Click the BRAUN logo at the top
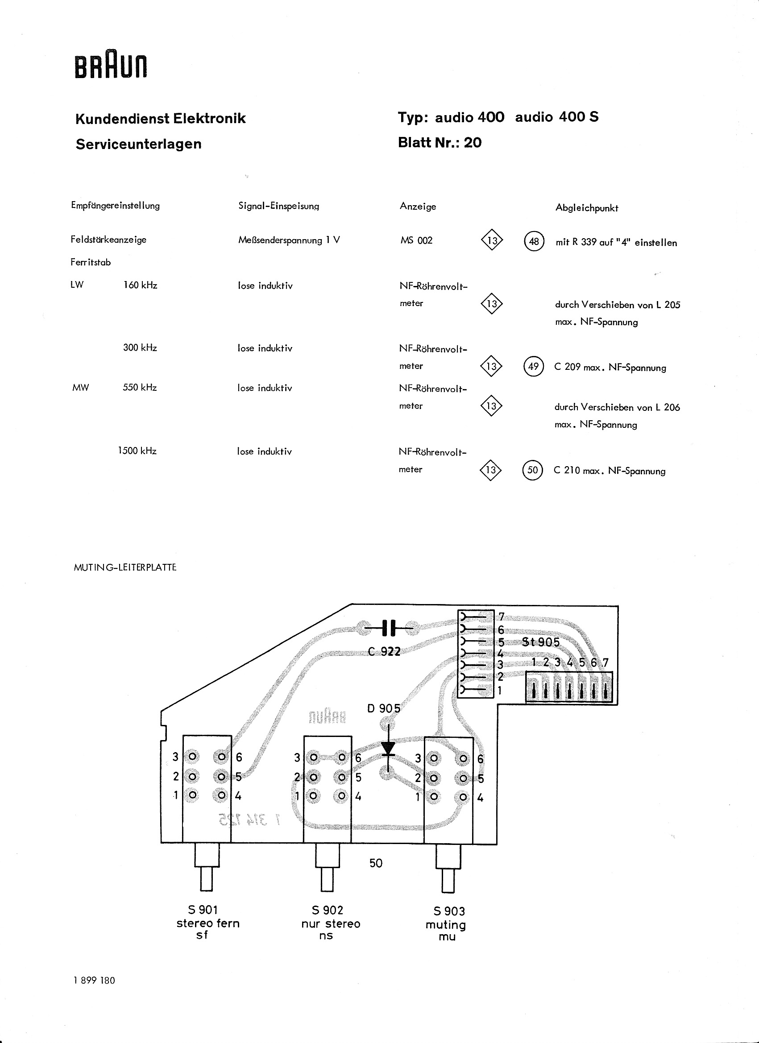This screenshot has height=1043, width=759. tap(111, 66)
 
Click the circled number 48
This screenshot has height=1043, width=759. tap(534, 241)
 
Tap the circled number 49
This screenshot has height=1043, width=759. tap(534, 366)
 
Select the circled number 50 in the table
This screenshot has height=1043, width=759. tap(533, 470)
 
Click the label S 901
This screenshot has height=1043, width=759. tap(203, 910)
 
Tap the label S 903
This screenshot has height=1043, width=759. tap(449, 911)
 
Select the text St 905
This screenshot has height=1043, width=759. tap(541, 642)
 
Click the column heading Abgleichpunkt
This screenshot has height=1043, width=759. tap(586, 208)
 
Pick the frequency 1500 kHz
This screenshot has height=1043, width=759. tap(137, 451)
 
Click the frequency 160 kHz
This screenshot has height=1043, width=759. tap(140, 285)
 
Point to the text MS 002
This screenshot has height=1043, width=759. tap(416, 240)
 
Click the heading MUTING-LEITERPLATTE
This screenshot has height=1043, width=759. tap(125, 567)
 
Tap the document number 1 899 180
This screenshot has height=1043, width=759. tap(94, 993)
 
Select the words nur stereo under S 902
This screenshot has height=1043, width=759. tap(331, 923)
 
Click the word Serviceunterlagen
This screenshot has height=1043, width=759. tap(138, 144)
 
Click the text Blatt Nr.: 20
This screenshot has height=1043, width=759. tap(440, 143)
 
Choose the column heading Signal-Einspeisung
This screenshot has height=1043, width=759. tap(279, 206)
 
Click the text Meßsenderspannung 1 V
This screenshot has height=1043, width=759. tap(289, 240)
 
